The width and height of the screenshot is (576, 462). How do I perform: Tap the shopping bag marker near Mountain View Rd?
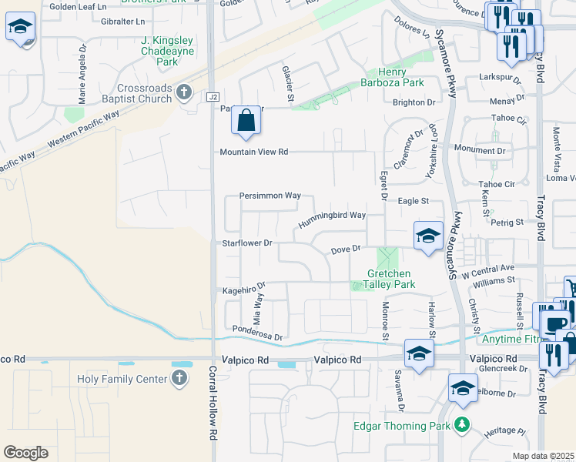point(246,121)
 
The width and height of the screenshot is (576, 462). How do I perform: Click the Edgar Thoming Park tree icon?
point(462,424)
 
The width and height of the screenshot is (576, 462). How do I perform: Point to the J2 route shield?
point(213,96)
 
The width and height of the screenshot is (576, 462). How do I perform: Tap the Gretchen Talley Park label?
point(391,279)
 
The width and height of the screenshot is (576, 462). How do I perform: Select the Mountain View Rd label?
point(253,152)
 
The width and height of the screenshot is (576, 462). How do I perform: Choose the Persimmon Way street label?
point(270,196)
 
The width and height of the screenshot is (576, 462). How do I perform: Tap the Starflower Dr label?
point(247,243)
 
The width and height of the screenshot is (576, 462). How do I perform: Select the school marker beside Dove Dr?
point(428,236)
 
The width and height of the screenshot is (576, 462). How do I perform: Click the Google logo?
point(25,453)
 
